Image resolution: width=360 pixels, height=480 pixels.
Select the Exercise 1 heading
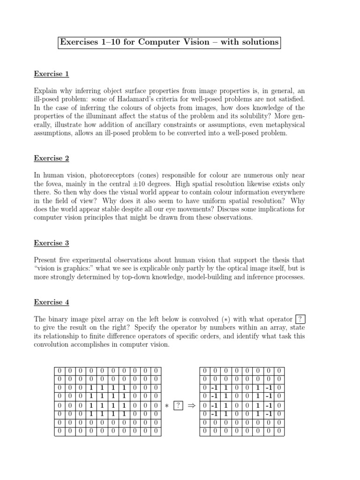pos(52,74)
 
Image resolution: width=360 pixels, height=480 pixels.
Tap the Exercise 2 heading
pos(52,158)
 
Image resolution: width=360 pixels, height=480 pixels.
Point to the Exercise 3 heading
pos(52,243)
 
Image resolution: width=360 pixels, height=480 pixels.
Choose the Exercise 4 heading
pos(52,302)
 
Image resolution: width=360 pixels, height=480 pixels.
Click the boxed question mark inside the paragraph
pos(301,319)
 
